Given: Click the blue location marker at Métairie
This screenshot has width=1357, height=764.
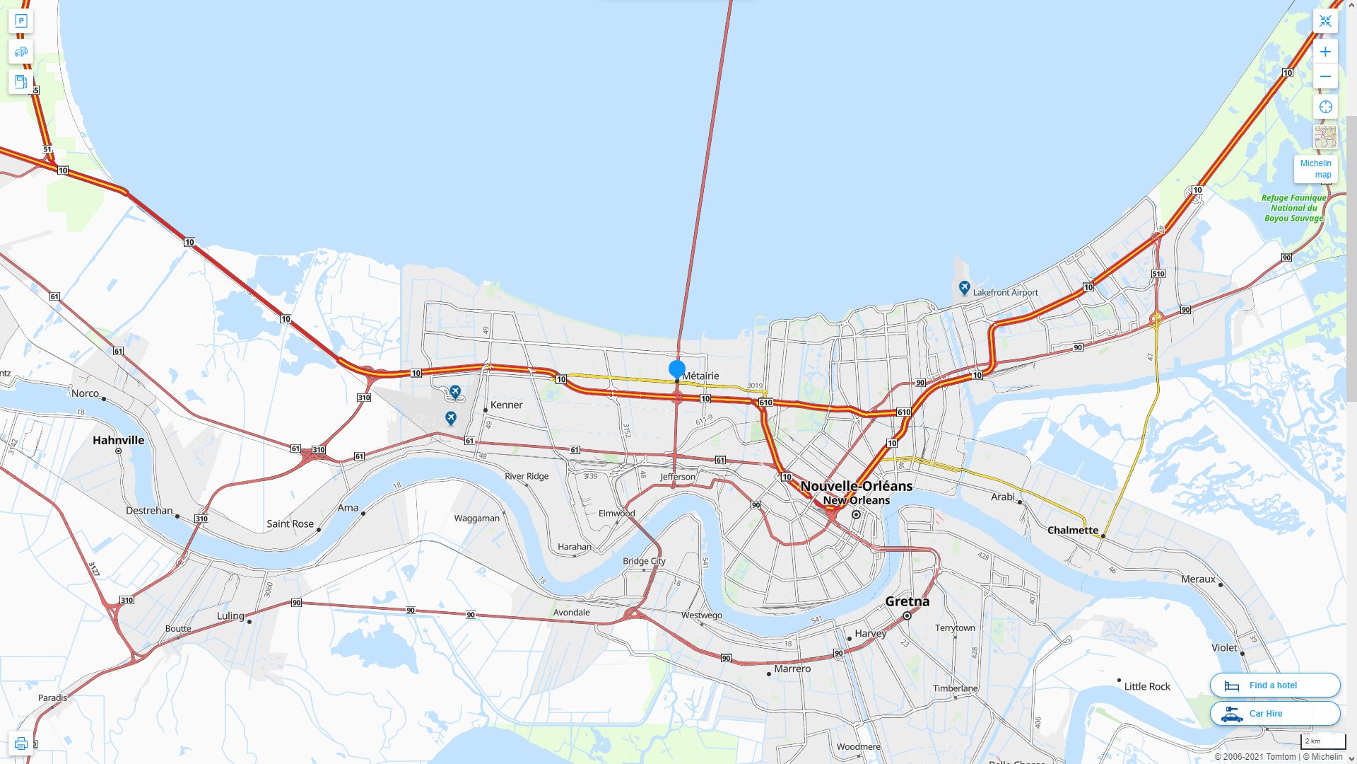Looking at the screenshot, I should click(677, 369).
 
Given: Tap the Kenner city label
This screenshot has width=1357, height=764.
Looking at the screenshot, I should click(507, 405).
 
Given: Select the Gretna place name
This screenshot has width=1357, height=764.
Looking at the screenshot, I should click(907, 601).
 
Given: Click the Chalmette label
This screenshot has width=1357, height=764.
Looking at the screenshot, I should click(1073, 530).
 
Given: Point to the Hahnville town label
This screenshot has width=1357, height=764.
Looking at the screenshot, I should click(119, 440).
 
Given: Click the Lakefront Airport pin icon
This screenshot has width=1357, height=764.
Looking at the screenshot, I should click(964, 288).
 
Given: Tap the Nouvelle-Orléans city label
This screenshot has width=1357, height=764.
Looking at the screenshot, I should click(856, 486).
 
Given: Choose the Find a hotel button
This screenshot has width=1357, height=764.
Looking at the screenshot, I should click(1275, 685).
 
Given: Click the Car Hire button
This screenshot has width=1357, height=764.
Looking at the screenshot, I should click(1275, 713).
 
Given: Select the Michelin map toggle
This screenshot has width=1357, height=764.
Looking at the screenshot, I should click(1316, 169).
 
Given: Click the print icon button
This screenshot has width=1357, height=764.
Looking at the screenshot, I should click(20, 743).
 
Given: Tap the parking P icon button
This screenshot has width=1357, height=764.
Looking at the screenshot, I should click(20, 21).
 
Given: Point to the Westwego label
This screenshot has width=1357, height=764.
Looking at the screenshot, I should click(702, 615).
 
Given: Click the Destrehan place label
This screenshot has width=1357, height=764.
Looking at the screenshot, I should click(149, 510).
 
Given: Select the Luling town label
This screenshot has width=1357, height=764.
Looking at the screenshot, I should click(230, 615).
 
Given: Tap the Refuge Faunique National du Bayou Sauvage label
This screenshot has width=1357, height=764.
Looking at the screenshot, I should click(1293, 208).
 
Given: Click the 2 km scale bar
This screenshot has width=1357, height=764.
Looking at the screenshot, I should click(1322, 741).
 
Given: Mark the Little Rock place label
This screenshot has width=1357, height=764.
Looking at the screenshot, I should click(1147, 686).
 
